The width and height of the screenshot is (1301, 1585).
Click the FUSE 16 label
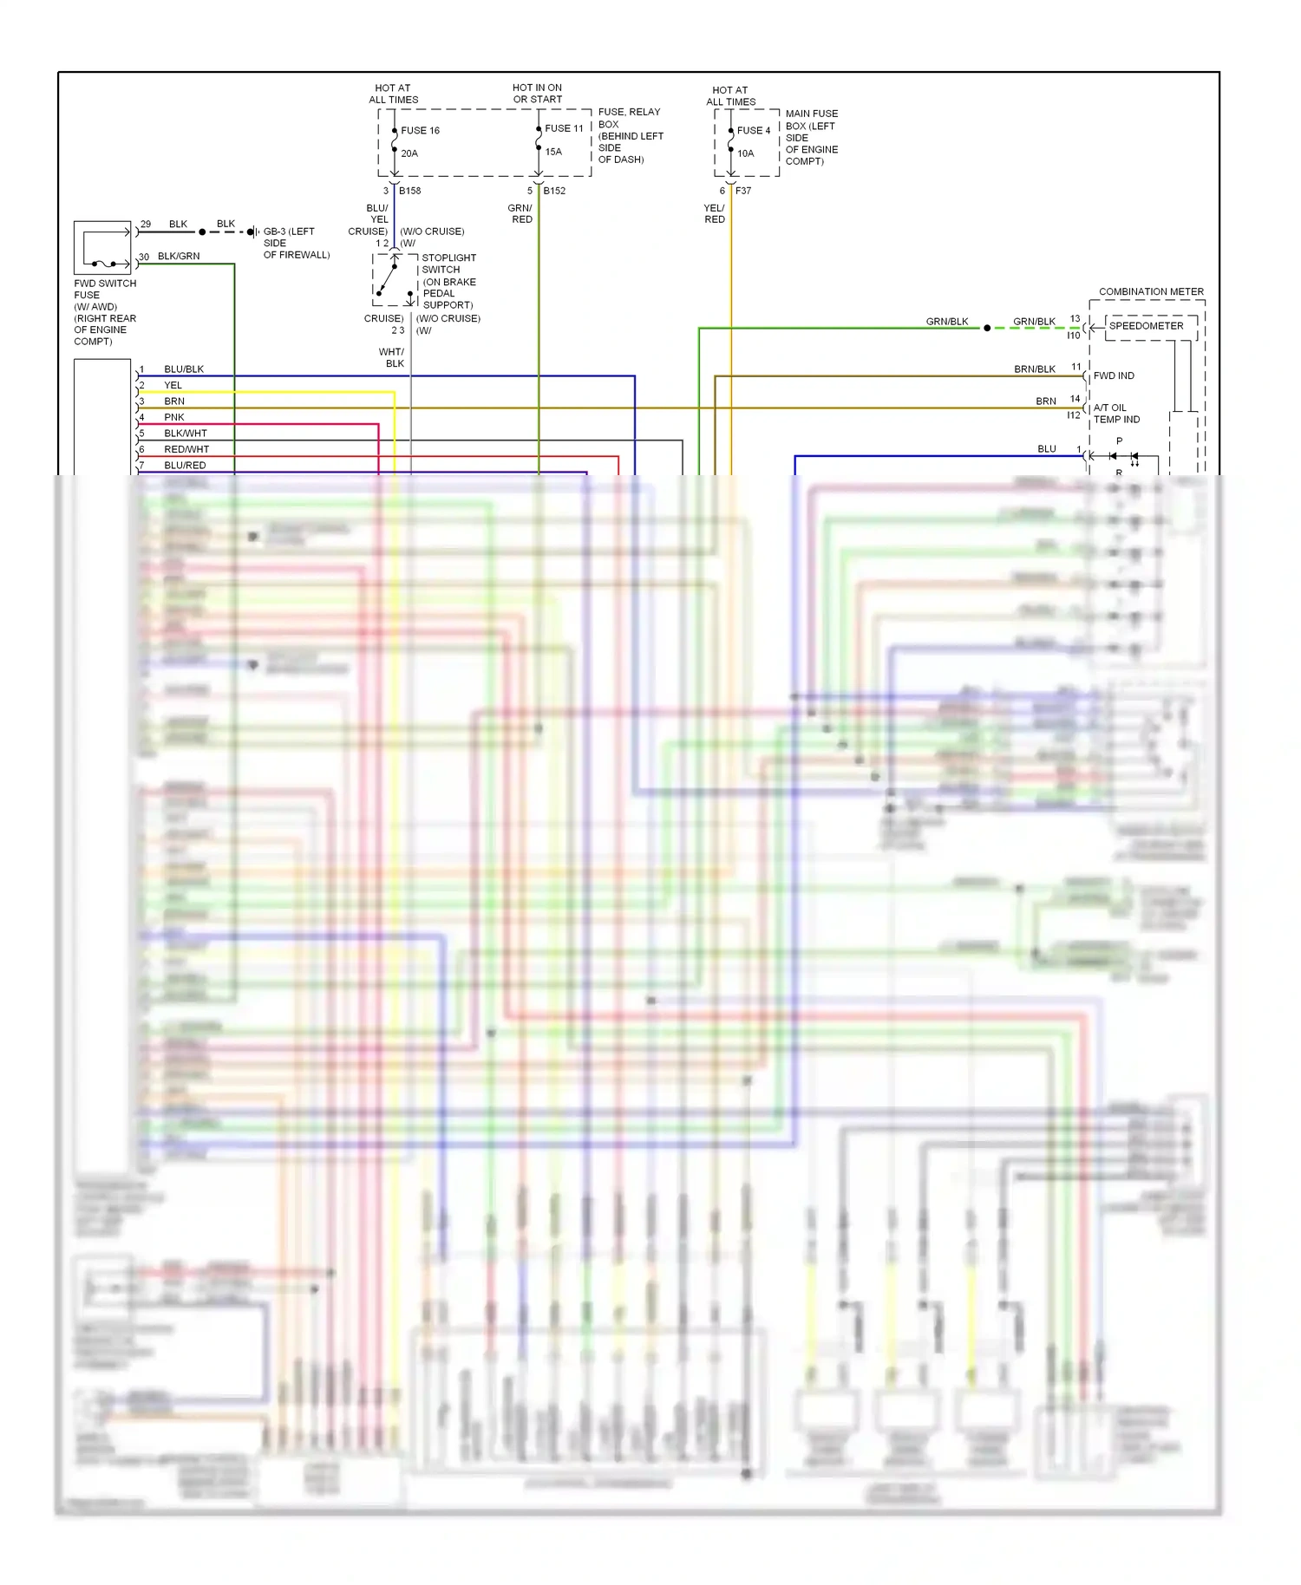[x=420, y=131]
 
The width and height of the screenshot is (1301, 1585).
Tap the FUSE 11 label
[x=564, y=128]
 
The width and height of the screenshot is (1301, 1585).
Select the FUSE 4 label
[x=753, y=131]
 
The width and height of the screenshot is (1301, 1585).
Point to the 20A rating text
[x=409, y=153]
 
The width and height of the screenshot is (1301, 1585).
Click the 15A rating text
[x=553, y=152]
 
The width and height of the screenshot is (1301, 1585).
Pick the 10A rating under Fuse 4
[x=746, y=153]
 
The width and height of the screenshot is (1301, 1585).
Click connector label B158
[x=410, y=191]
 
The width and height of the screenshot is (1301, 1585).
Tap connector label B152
[x=554, y=191]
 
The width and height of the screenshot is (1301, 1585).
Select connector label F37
[x=743, y=191]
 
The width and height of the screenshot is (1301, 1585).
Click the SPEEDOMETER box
[x=1146, y=326]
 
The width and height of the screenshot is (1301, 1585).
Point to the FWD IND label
[x=1114, y=375]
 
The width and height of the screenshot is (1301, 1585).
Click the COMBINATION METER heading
[x=1151, y=291]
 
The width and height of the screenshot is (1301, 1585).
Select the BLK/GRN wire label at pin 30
[x=179, y=257]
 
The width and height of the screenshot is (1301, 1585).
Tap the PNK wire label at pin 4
[x=174, y=417]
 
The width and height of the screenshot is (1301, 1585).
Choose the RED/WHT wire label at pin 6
[x=186, y=449]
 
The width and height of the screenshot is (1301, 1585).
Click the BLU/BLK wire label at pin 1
[x=184, y=369]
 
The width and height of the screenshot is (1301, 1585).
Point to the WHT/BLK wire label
[x=392, y=357]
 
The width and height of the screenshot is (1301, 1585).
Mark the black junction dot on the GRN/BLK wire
[x=987, y=328]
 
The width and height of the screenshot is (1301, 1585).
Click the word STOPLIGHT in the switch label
[x=448, y=258]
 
